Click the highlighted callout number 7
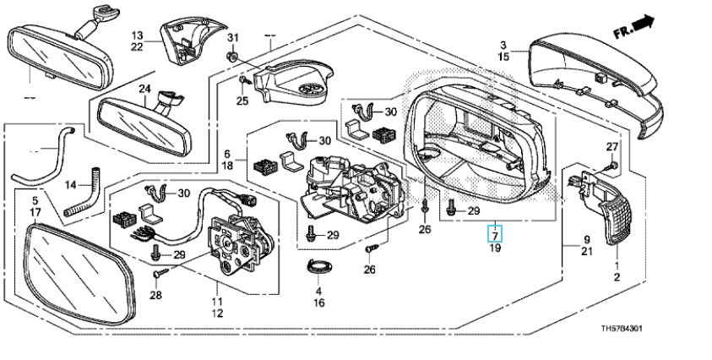click(x=497, y=234)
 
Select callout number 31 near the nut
click(x=234, y=39)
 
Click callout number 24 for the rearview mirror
click(x=144, y=88)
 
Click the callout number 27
click(x=612, y=148)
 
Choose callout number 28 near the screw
click(x=155, y=294)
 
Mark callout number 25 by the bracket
click(x=242, y=101)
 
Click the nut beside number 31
click(x=231, y=56)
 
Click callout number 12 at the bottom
click(x=216, y=314)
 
